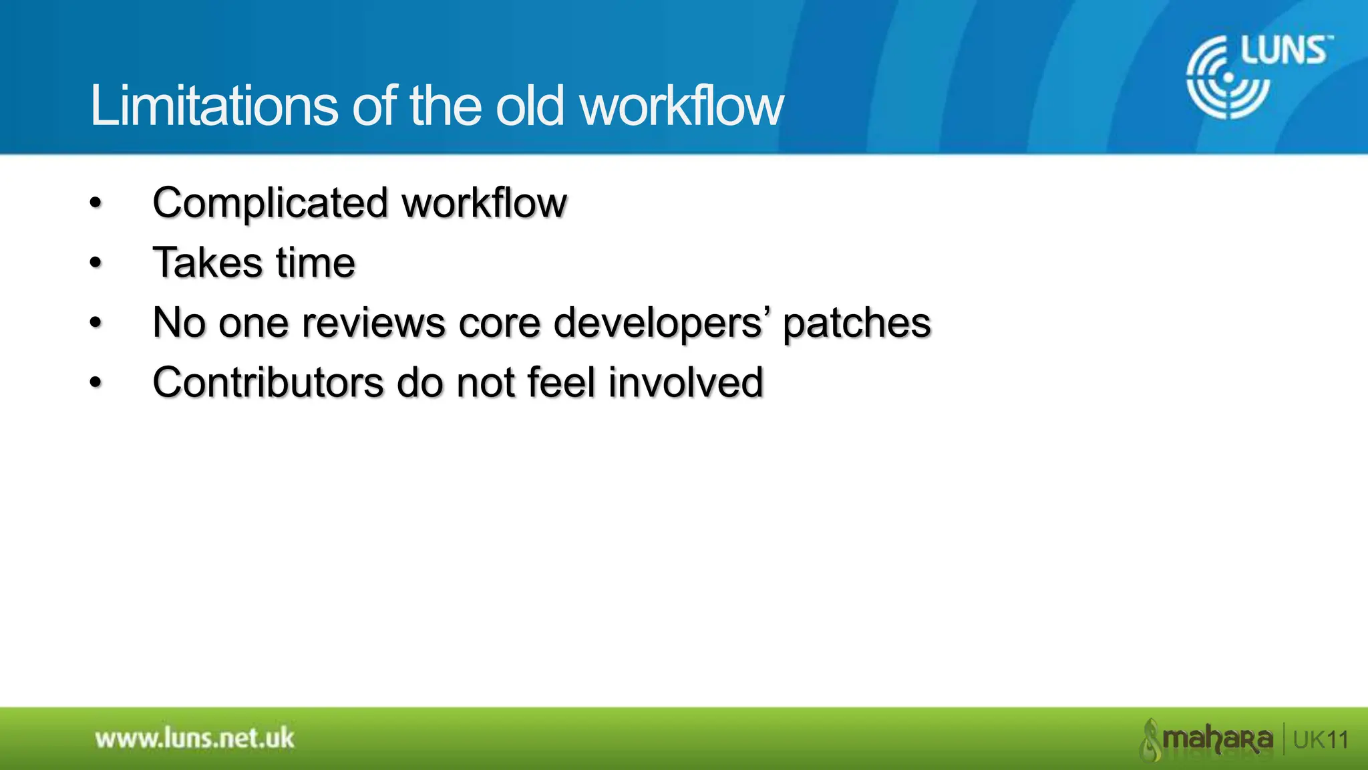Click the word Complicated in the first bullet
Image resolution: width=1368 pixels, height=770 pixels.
(x=270, y=203)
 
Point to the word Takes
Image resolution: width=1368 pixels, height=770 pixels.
(x=207, y=262)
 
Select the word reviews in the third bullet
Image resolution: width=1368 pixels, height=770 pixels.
(x=373, y=323)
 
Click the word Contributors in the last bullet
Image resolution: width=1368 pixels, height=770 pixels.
(x=268, y=382)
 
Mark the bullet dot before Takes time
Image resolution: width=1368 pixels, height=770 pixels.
(x=96, y=263)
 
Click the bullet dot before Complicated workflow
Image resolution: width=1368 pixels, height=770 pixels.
(x=96, y=203)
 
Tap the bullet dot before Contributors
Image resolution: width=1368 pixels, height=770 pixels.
(x=96, y=384)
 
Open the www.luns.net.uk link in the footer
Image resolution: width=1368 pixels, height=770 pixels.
(x=194, y=739)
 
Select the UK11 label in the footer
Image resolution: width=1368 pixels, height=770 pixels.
(x=1321, y=740)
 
